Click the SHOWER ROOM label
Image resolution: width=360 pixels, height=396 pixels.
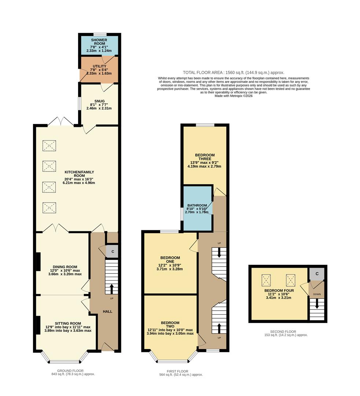99,42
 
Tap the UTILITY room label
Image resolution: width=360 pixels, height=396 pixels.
99,66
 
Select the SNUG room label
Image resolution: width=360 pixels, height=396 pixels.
99,101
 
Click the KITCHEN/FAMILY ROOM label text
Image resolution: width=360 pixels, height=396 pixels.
80,172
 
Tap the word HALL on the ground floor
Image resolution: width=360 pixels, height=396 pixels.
107,311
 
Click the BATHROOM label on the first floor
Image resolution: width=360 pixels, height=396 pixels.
197,205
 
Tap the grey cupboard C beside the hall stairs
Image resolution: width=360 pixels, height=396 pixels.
113,252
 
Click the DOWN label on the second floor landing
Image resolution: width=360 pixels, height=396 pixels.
316,294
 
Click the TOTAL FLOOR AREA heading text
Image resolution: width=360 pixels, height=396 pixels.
234,73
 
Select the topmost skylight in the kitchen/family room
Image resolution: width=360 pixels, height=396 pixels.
49,146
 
